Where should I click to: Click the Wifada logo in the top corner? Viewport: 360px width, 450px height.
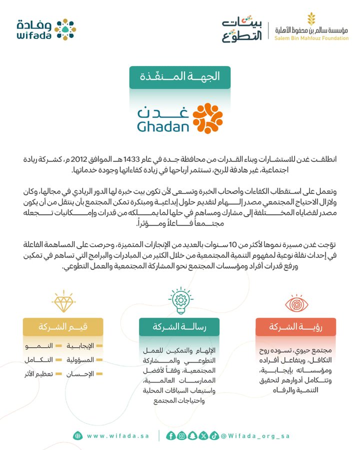45,29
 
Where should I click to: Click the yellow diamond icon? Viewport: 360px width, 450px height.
63,300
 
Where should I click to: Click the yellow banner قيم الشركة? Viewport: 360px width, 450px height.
63,326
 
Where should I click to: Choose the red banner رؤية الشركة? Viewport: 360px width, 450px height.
295,326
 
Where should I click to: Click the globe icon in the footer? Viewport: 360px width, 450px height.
77,435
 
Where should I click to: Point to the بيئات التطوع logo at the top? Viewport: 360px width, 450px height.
241,29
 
